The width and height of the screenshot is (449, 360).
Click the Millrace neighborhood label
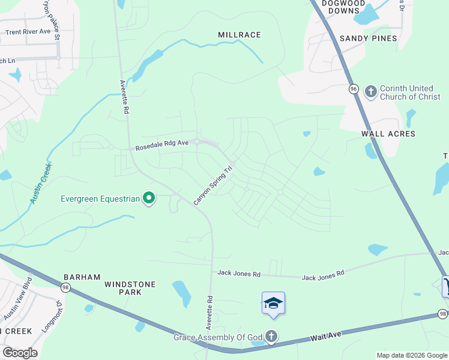[x=239, y=35]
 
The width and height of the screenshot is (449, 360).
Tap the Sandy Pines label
[x=369, y=38]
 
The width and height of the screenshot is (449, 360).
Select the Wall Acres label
[x=388, y=134]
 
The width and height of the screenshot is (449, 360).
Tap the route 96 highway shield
[x=354, y=89]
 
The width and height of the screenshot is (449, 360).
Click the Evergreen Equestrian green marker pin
[x=149, y=198]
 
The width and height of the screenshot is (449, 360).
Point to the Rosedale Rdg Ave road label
[x=162, y=145]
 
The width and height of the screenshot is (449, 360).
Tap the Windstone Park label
[x=130, y=288]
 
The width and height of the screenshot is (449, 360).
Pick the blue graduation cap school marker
[x=273, y=303]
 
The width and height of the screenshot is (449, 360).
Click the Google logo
[x=19, y=353]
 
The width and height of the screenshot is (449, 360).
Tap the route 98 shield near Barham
[x=65, y=288]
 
